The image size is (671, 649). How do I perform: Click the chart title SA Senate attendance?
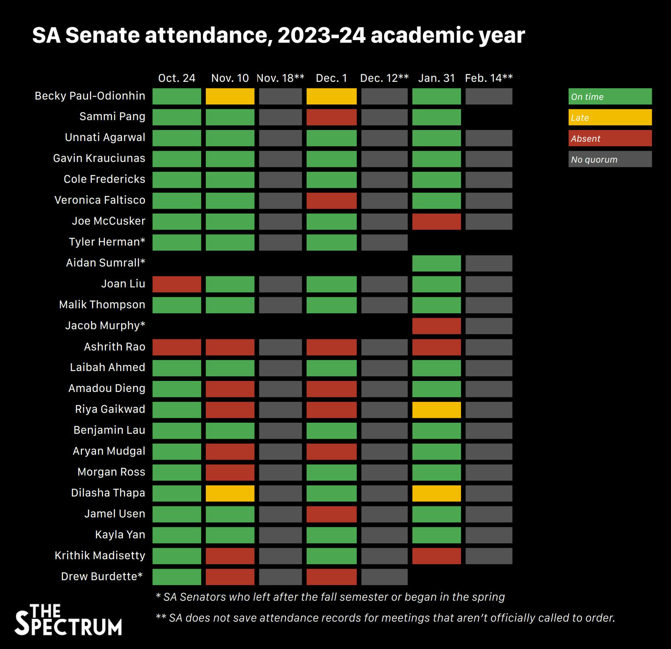[278, 36]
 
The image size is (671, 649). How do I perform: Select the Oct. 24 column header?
[176, 78]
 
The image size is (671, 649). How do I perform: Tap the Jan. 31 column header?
[436, 78]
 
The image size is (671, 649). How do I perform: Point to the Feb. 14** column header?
[489, 78]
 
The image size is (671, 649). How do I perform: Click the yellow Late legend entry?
[610, 117]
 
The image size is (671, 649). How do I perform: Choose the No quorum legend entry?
[610, 159]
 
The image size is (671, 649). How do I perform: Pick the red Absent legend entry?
[610, 139]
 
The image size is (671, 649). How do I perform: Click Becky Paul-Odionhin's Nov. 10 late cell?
[230, 96]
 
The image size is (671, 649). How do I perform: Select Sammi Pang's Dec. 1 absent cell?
[331, 117]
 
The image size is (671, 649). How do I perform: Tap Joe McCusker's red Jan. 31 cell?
[436, 222]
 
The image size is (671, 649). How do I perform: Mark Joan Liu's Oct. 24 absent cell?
[176, 284]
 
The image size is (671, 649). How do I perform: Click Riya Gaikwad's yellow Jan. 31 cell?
[436, 410]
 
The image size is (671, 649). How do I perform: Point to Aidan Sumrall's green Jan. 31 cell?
[436, 263]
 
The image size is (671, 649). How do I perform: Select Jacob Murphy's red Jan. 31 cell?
[436, 326]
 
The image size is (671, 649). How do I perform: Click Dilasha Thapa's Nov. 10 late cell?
[230, 493]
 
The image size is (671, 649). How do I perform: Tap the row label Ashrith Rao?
[114, 347]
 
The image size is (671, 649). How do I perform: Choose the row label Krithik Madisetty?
[100, 556]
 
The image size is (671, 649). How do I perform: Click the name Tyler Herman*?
[107, 242]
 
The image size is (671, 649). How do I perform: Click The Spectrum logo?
[68, 620]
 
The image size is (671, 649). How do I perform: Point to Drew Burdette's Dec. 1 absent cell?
[331, 577]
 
